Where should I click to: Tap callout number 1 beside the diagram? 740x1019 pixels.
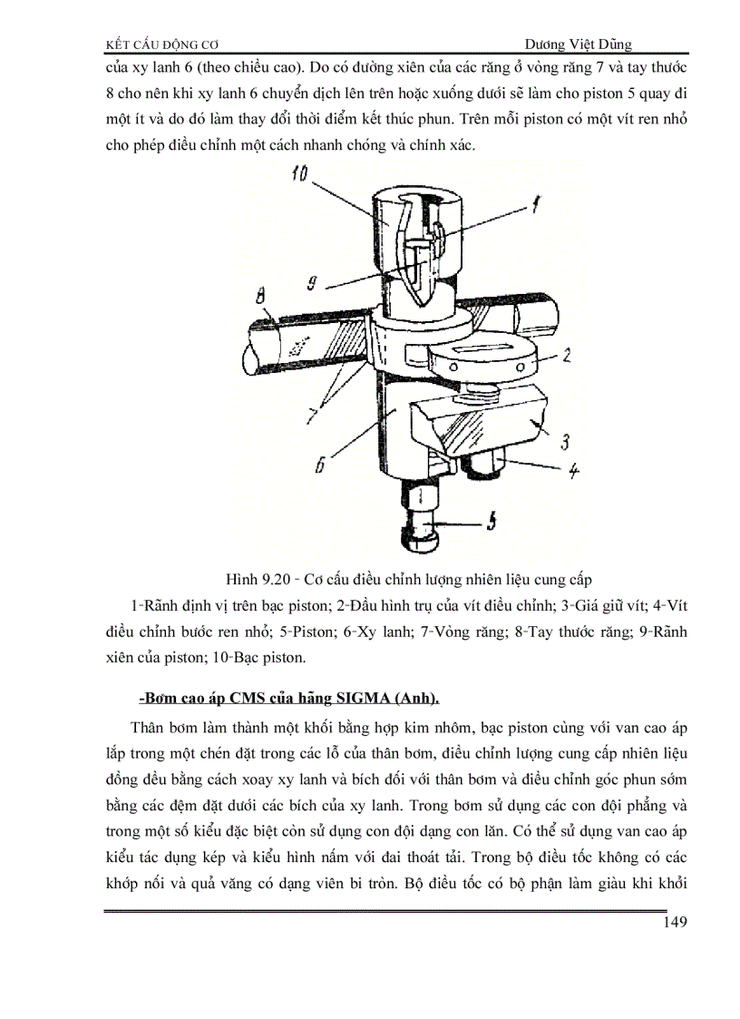pos(535,205)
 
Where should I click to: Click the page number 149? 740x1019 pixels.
pos(672,923)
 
